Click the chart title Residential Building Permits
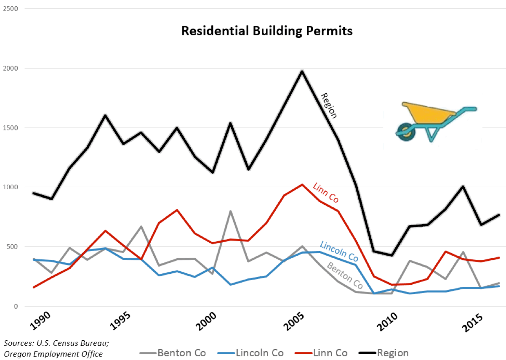pyautogui.click(x=266, y=31)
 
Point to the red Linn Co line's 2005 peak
pyautogui.click(x=302, y=185)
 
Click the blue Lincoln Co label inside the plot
pyautogui.click(x=339, y=251)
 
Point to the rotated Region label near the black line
pyautogui.click(x=329, y=106)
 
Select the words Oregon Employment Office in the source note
pyautogui.click(x=53, y=354)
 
